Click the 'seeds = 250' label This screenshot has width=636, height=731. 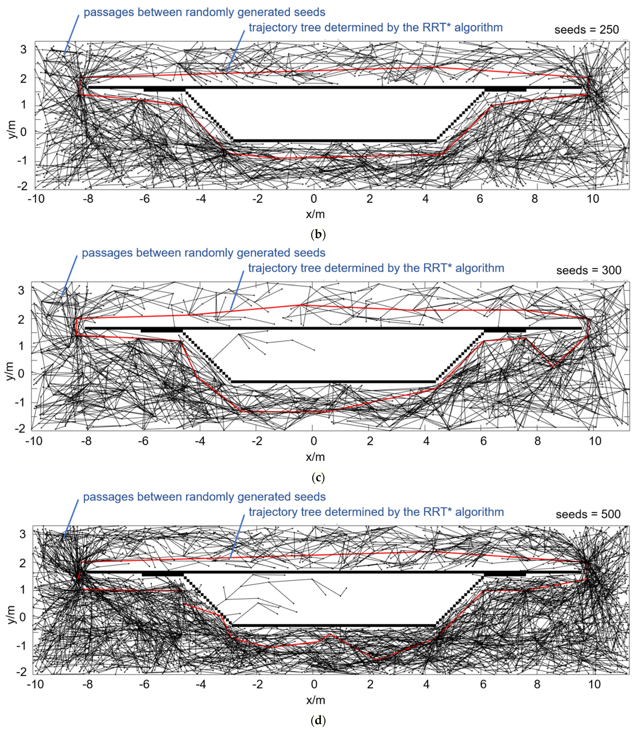(x=586, y=30)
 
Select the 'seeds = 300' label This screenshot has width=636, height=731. (x=588, y=270)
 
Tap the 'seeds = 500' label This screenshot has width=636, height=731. (x=588, y=514)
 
